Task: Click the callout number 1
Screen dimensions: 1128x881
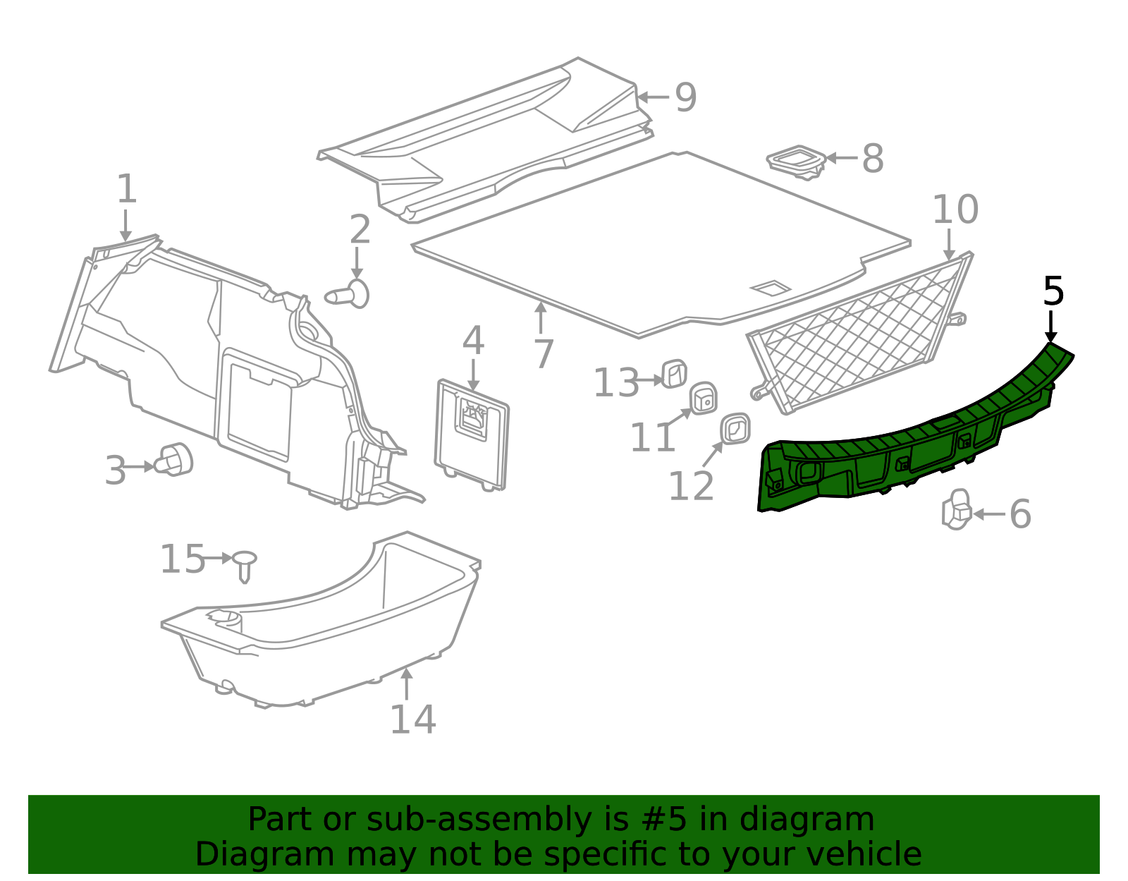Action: (127, 188)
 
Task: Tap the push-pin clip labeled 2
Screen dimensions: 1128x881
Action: (348, 294)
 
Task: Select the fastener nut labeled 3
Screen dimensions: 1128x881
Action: (176, 458)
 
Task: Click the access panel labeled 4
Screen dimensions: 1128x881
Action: (472, 435)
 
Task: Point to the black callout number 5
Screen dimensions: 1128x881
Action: (1053, 291)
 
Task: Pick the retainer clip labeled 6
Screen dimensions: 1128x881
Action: (957, 509)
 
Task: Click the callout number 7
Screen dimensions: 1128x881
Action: (544, 354)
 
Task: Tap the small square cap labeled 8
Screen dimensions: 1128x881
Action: (796, 162)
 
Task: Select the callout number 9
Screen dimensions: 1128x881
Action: (685, 97)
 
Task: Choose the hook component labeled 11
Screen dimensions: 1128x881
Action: (703, 399)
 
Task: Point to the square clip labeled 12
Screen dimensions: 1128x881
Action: (735, 429)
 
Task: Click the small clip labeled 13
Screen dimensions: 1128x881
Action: (675, 374)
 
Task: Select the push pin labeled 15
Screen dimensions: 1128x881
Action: (245, 566)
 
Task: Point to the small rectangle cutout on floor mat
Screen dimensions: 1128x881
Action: (771, 288)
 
